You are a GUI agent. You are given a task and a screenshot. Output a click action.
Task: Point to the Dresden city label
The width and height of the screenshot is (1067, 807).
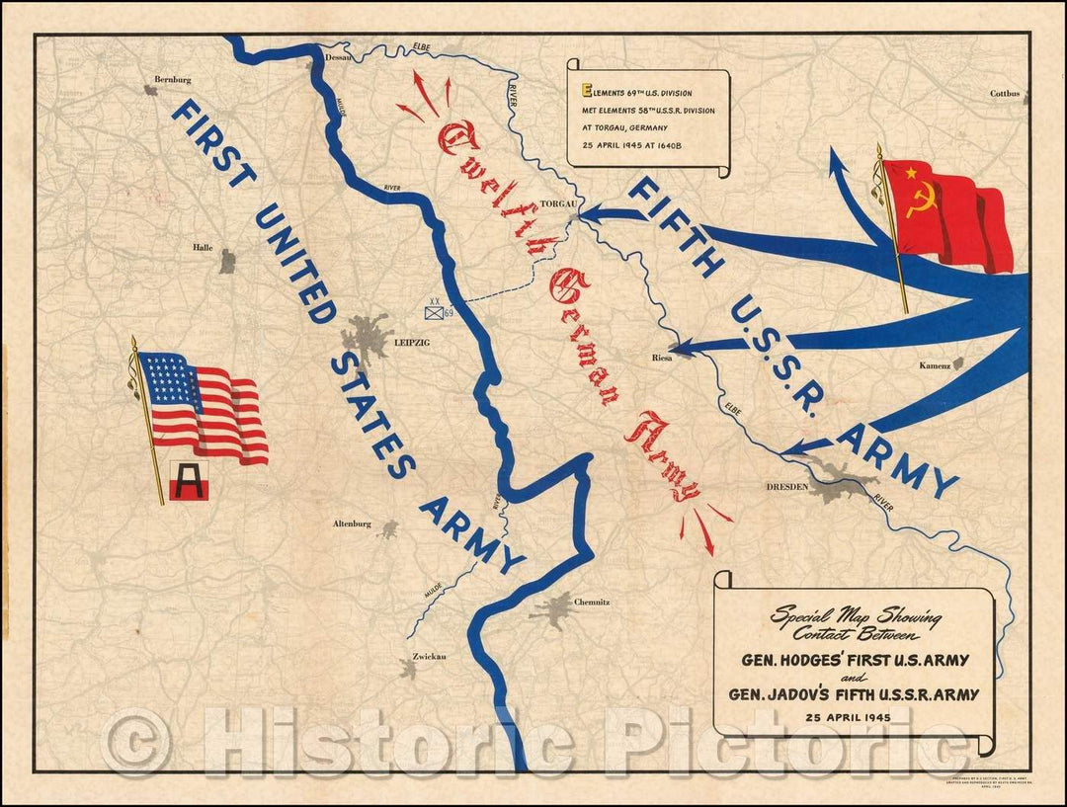pos(787,487)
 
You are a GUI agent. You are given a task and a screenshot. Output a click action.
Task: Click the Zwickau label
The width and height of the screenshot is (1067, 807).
pos(418,657)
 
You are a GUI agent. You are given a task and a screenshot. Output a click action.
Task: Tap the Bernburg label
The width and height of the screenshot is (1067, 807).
pos(172,79)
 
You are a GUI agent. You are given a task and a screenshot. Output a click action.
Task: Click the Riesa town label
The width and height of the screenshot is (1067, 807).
pos(661,358)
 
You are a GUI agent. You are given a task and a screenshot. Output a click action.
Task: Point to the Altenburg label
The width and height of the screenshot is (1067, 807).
pos(353,525)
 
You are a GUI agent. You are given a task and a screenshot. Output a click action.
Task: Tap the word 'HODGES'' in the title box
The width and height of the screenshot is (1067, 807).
pos(810,660)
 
